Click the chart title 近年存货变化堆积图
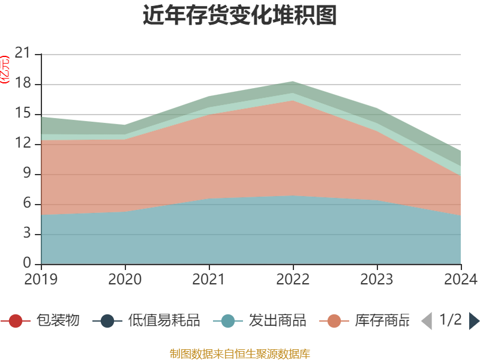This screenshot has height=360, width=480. [240, 16]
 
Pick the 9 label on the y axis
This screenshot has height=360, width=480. [27, 174]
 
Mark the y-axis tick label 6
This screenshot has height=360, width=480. [27, 204]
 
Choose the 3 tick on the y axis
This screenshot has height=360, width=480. [27, 234]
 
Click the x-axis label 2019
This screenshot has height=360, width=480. [41, 279]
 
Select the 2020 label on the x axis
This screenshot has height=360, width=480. [125, 279]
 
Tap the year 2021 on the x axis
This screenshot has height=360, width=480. [209, 279]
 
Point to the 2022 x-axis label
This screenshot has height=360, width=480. [293, 279]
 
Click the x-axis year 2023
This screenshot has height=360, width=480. [377, 279]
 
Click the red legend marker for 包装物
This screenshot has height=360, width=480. [16, 321]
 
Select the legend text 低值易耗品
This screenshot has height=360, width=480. [163, 321]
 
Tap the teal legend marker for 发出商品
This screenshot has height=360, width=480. [228, 321]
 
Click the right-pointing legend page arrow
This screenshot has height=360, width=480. [474, 321]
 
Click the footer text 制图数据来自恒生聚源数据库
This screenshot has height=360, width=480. [240, 353]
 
